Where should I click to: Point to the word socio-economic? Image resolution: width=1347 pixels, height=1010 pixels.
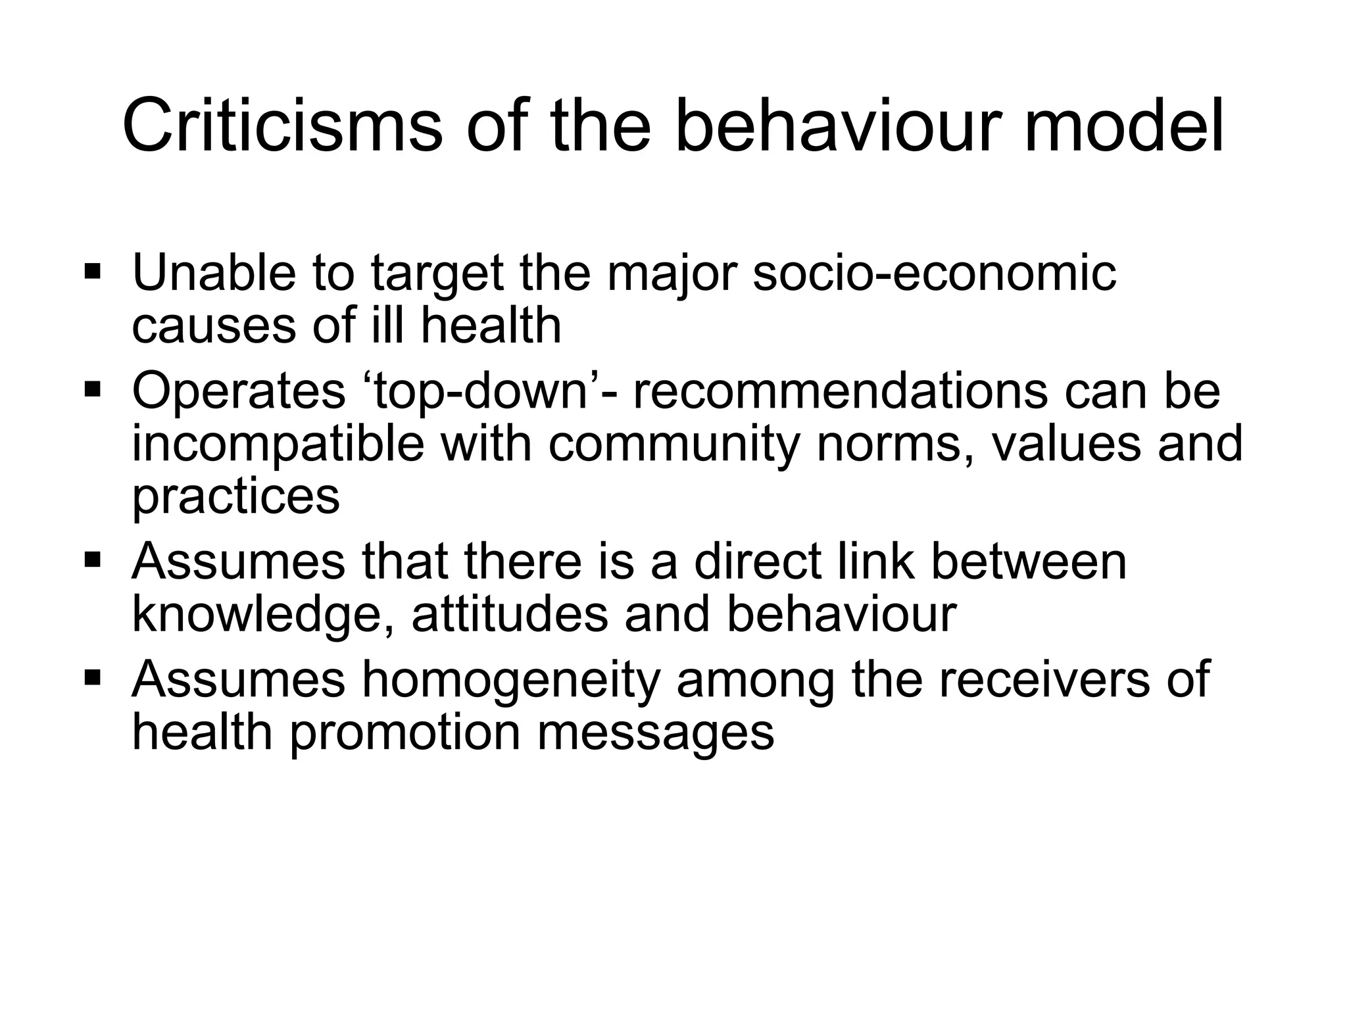[934, 272]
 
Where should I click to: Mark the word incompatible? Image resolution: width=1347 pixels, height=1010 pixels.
[278, 445]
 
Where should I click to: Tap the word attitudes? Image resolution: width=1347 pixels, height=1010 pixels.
[510, 614]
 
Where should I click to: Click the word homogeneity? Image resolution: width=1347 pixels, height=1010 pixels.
[511, 681]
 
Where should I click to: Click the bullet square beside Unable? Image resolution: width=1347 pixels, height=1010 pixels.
[93, 270]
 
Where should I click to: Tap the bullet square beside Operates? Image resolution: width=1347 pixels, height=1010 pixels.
[93, 389]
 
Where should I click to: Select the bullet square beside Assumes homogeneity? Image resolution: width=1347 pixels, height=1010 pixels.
[93, 677]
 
